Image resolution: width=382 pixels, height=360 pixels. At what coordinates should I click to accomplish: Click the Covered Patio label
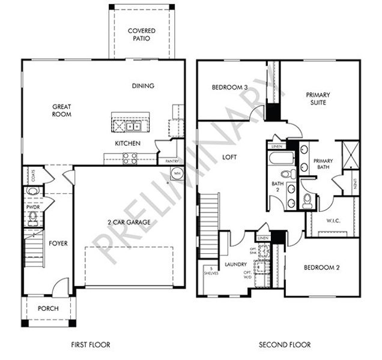point(142,34)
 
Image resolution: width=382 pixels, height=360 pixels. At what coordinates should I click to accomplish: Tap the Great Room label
point(61,109)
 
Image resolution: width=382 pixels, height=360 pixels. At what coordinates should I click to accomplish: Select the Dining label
point(143,86)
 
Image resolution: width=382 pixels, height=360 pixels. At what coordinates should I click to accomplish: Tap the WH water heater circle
point(177,173)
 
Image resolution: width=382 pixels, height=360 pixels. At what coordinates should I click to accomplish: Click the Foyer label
point(58,244)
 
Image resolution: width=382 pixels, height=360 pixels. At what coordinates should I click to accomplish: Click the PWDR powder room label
point(32,207)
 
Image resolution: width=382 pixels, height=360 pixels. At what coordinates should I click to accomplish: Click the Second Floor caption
point(285,345)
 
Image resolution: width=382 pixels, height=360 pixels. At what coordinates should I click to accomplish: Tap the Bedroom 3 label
point(229,88)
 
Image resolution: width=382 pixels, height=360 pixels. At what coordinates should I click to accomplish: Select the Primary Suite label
point(317,98)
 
